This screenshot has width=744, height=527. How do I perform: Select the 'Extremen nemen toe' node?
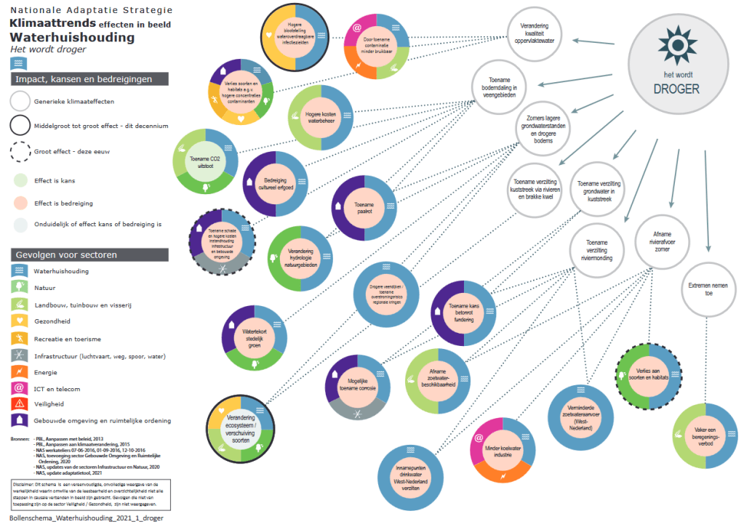click(708, 291)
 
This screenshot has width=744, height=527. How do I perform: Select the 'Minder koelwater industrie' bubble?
click(500, 459)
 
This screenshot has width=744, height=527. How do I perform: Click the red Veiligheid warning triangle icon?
click(20, 404)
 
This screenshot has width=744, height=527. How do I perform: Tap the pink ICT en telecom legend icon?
click(20, 389)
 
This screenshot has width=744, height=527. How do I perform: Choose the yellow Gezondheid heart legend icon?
click(20, 321)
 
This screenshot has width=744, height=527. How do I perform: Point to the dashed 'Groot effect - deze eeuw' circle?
click(20, 153)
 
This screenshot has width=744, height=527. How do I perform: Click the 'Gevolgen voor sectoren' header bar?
click(90, 254)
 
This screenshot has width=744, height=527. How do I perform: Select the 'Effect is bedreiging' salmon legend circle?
click(20, 203)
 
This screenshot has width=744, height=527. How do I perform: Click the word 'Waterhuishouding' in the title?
click(72, 37)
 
